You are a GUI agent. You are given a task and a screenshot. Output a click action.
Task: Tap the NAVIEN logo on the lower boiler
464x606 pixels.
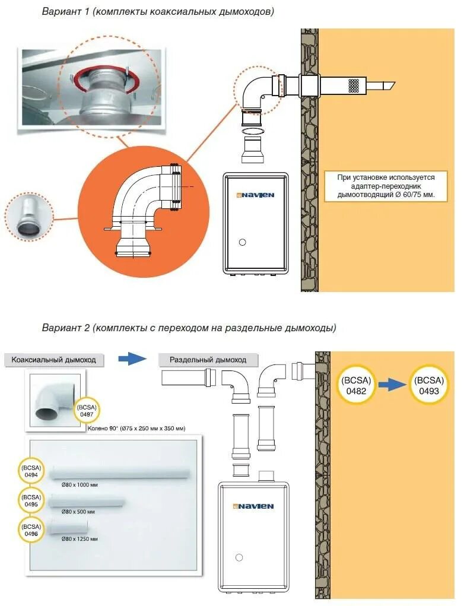pyautogui.click(x=253, y=506)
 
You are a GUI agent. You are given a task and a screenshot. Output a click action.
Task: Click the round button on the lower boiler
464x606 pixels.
pyautogui.click(x=239, y=557)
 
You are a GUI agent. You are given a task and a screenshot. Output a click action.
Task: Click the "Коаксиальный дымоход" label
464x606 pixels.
pyautogui.click(x=53, y=360)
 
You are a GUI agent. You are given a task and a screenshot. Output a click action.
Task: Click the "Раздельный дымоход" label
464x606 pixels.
pyautogui.click(x=208, y=360)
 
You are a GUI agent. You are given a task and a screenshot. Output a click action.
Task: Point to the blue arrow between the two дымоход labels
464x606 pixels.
pyautogui.click(x=132, y=358)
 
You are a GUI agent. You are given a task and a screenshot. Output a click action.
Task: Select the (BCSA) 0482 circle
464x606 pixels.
pyautogui.click(x=356, y=385)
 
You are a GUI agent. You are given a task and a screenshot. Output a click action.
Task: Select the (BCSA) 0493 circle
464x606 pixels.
pyautogui.click(x=429, y=385)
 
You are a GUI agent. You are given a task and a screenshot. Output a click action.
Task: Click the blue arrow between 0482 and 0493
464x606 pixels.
pyautogui.click(x=392, y=385)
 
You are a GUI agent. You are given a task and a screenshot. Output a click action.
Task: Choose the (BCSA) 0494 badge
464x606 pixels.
pyautogui.click(x=31, y=471)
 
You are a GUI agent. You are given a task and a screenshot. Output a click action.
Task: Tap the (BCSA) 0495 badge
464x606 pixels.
pyautogui.click(x=31, y=500)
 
